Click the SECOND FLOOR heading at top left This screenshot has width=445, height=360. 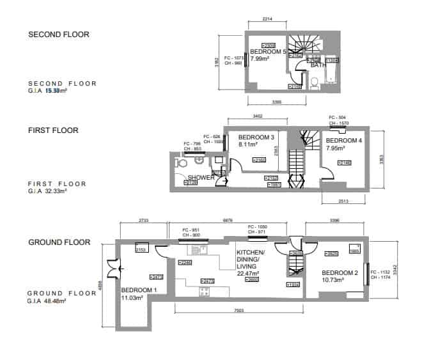point(59,35)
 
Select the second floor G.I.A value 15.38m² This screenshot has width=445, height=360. point(56,91)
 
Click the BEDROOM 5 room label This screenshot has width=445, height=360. point(268,51)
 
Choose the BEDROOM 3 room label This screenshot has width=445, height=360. point(256,137)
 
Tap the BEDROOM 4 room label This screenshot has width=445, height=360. point(344,141)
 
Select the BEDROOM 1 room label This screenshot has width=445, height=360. point(138,290)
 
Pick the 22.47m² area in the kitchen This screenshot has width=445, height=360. point(247,273)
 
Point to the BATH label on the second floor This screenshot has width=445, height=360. point(318,65)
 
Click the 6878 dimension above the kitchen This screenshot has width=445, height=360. point(226,220)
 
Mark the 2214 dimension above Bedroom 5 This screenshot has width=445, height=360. point(267,20)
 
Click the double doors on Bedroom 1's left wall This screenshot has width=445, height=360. point(113,267)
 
